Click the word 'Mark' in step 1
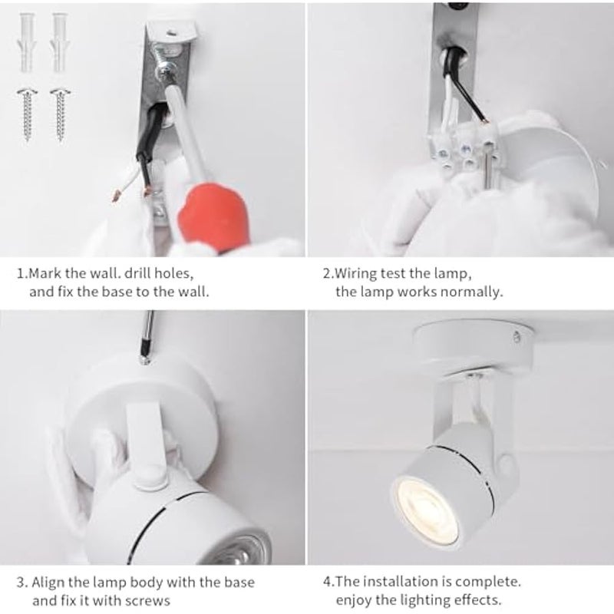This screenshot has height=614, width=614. point(51,272)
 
